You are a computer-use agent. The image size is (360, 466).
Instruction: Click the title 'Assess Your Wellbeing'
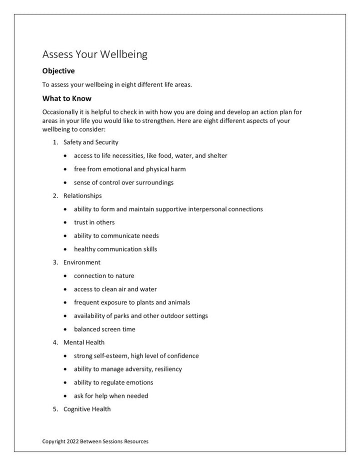[94, 54]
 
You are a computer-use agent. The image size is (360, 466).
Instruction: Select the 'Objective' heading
[58, 71]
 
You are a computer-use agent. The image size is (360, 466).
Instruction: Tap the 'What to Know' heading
[66, 98]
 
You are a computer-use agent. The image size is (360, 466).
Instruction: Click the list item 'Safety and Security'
[90, 142]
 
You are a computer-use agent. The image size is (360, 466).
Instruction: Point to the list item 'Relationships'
[82, 195]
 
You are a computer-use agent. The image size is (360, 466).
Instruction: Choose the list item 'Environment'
[81, 262]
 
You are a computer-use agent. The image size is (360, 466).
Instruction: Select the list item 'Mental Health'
[84, 342]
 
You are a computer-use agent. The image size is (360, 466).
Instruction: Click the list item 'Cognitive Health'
[87, 409]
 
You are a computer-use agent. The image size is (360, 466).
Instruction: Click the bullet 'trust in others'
[94, 222]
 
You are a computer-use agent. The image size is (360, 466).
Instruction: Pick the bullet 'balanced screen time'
[104, 329]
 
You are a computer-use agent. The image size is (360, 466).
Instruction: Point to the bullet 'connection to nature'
[104, 275]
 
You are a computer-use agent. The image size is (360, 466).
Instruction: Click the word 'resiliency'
[167, 369]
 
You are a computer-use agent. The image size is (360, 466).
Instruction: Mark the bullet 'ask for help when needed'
[111, 396]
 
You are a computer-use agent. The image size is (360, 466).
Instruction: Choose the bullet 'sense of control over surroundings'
[123, 182]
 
